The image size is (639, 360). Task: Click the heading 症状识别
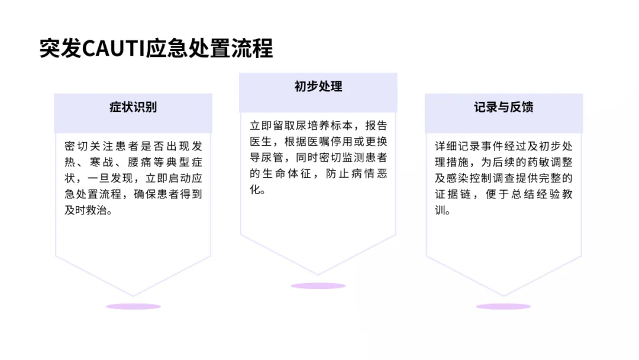tap(133, 107)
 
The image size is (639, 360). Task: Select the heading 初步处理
tap(318, 86)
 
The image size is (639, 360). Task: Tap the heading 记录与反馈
tap(504, 107)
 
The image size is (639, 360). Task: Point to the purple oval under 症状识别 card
tap(133, 307)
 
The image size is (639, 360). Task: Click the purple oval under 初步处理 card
tap(318, 286)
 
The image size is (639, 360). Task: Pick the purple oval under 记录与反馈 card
tap(504, 307)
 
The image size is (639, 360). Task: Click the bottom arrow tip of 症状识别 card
tap(133, 295)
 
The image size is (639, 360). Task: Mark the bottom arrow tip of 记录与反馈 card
tap(504, 295)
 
